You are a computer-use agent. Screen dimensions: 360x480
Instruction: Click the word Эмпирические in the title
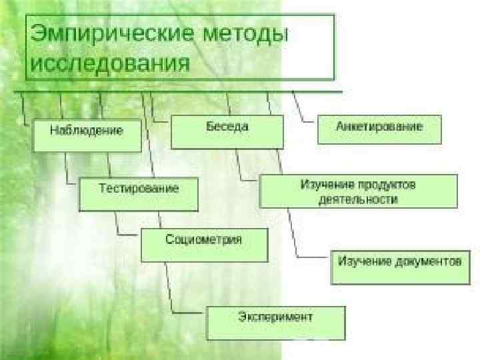click(109, 33)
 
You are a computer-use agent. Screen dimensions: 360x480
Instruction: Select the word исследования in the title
click(109, 64)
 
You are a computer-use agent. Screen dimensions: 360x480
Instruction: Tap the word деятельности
click(358, 199)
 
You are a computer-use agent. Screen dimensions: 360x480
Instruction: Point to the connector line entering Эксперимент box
click(189, 311)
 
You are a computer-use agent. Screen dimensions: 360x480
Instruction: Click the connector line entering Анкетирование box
click(309, 121)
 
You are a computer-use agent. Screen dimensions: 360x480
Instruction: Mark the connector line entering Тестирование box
click(72, 182)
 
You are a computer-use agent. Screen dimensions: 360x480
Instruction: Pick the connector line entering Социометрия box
click(128, 234)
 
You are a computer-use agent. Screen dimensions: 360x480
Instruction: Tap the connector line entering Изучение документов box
click(313, 256)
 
